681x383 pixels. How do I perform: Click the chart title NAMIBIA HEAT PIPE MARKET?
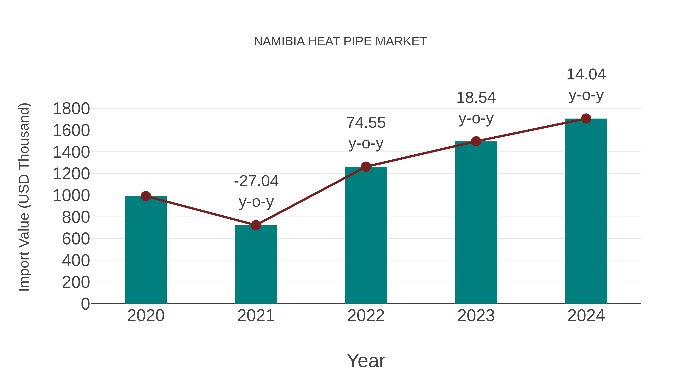pyautogui.click(x=340, y=41)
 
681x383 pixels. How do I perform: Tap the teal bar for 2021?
pyautogui.click(x=256, y=264)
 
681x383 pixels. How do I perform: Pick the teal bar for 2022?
pyautogui.click(x=366, y=235)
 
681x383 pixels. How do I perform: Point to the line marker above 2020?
pyautogui.click(x=146, y=196)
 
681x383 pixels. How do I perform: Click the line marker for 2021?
pyautogui.click(x=256, y=225)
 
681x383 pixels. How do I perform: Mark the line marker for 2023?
pyautogui.click(x=476, y=141)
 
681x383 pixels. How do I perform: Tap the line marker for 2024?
pyautogui.click(x=586, y=119)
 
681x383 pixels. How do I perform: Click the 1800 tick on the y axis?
pyautogui.click(x=71, y=109)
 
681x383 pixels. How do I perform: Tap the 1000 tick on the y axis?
pyautogui.click(x=71, y=196)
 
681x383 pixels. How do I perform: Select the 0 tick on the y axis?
pyautogui.click(x=85, y=304)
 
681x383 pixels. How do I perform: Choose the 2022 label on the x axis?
pyautogui.click(x=366, y=316)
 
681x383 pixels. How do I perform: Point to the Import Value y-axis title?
pyautogui.click(x=24, y=197)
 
